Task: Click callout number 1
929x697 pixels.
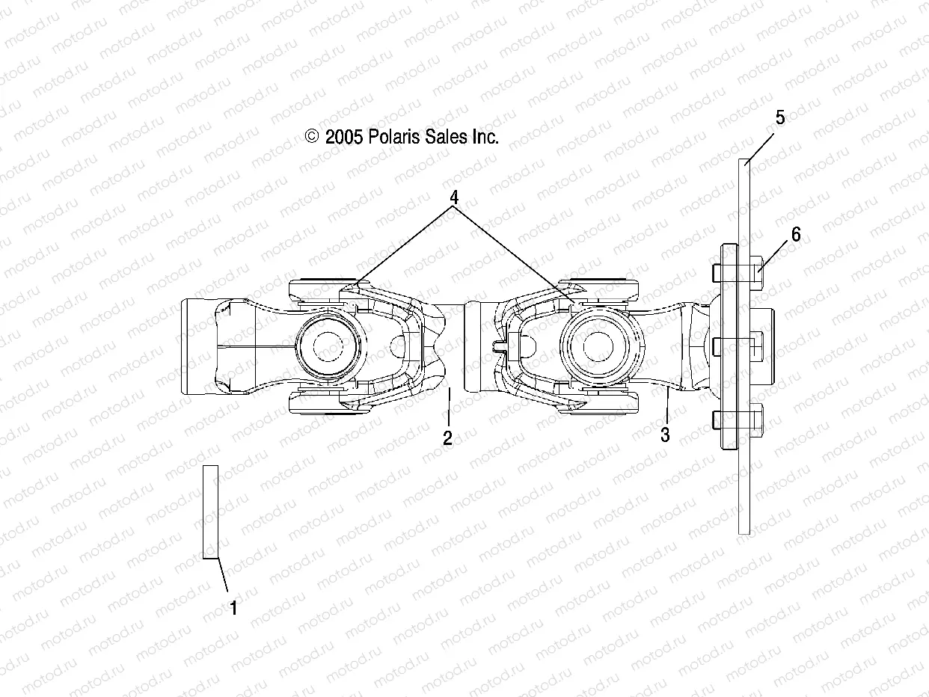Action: pos(233,609)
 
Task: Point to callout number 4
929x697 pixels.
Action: pos(453,197)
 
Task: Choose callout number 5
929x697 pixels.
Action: pos(780,117)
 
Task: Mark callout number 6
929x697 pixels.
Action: pos(796,235)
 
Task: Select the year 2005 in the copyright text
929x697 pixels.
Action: pos(344,137)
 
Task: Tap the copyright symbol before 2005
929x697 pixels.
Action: pos(312,137)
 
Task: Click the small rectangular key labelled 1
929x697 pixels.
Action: pos(210,512)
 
